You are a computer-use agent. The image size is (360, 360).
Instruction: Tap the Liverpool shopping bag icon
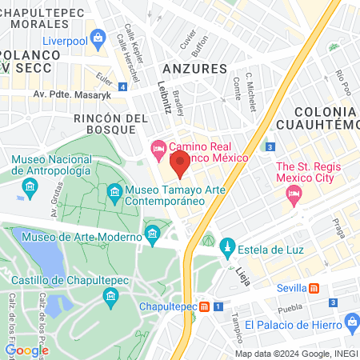tap(98, 37)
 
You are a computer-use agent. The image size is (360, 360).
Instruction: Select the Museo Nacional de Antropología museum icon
tap(31, 188)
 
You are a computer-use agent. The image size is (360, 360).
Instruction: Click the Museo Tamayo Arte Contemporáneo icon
tap(115, 192)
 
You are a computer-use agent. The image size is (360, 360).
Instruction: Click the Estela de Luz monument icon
tap(227, 245)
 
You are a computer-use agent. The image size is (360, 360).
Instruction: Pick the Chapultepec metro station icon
tap(205, 306)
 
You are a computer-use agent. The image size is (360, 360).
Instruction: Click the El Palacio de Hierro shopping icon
tap(351, 324)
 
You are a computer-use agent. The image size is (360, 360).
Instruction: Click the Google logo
tap(26, 350)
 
